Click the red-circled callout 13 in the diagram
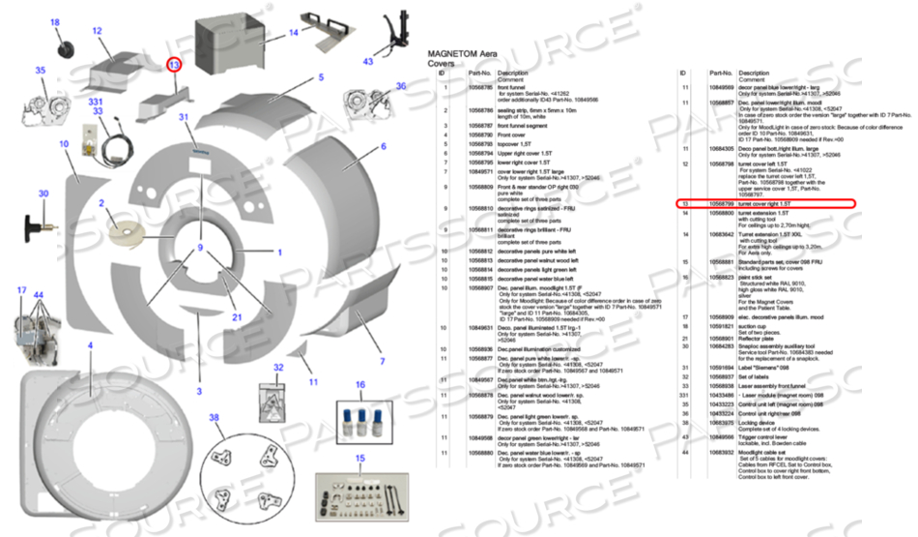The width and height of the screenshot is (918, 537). click(174, 65)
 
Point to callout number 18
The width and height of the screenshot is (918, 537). click(54, 22)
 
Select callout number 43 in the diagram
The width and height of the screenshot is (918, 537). click(367, 61)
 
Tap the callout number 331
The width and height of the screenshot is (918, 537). click(96, 101)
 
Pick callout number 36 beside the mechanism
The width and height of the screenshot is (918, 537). click(401, 86)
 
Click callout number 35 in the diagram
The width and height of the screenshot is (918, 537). click(41, 71)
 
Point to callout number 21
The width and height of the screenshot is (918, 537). click(236, 317)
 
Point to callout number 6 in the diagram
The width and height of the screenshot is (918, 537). click(383, 147)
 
